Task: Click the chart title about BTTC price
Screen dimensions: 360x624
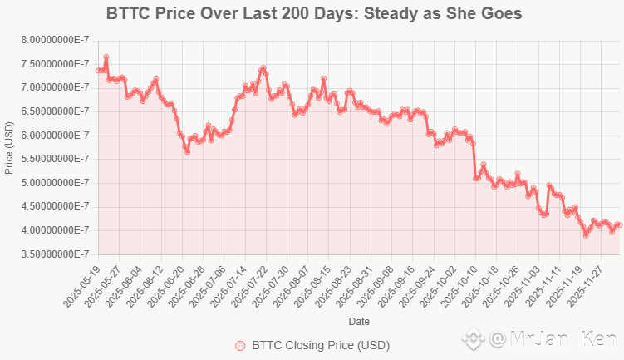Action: pos(314,14)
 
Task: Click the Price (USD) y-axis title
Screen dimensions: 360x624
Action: pos(9,147)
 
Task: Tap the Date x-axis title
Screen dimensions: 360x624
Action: pos(360,321)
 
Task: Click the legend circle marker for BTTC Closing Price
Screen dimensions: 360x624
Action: pos(241,345)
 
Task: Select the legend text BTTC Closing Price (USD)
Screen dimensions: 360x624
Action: pos(320,345)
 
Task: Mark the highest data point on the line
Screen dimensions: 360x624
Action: pos(106,57)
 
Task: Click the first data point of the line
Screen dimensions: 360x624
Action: pos(98,71)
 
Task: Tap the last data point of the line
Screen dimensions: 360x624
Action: pos(620,224)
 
